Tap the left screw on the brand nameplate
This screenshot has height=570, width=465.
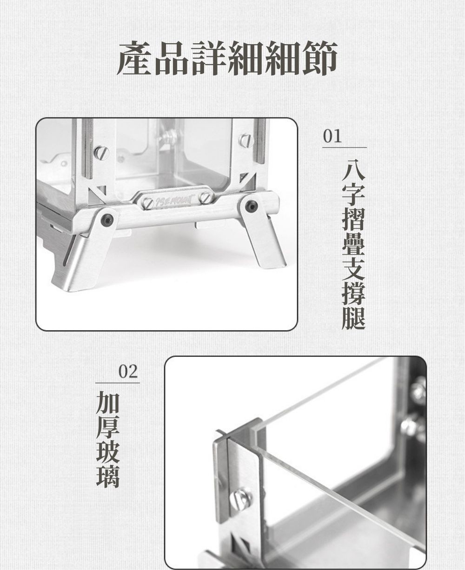149,203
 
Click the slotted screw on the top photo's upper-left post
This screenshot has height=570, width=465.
101,152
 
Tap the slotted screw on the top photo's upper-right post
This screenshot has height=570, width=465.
245,140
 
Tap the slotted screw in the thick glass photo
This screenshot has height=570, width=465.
240,498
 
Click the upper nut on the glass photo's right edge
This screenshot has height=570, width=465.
418,390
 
